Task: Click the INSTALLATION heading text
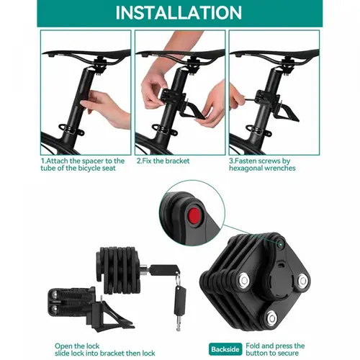point(179,13)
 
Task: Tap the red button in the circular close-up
point(194,216)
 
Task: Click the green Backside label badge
point(225,349)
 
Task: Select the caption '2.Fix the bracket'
point(163,161)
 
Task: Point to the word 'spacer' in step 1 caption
point(93,161)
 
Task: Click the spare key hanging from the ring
point(179,307)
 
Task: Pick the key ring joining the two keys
point(178,279)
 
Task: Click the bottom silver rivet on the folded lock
point(271,318)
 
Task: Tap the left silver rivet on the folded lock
point(244,280)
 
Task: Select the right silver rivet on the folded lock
point(302,280)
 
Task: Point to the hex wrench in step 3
point(250,98)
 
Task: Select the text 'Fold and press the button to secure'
point(275,349)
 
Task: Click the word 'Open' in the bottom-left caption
point(63,346)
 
